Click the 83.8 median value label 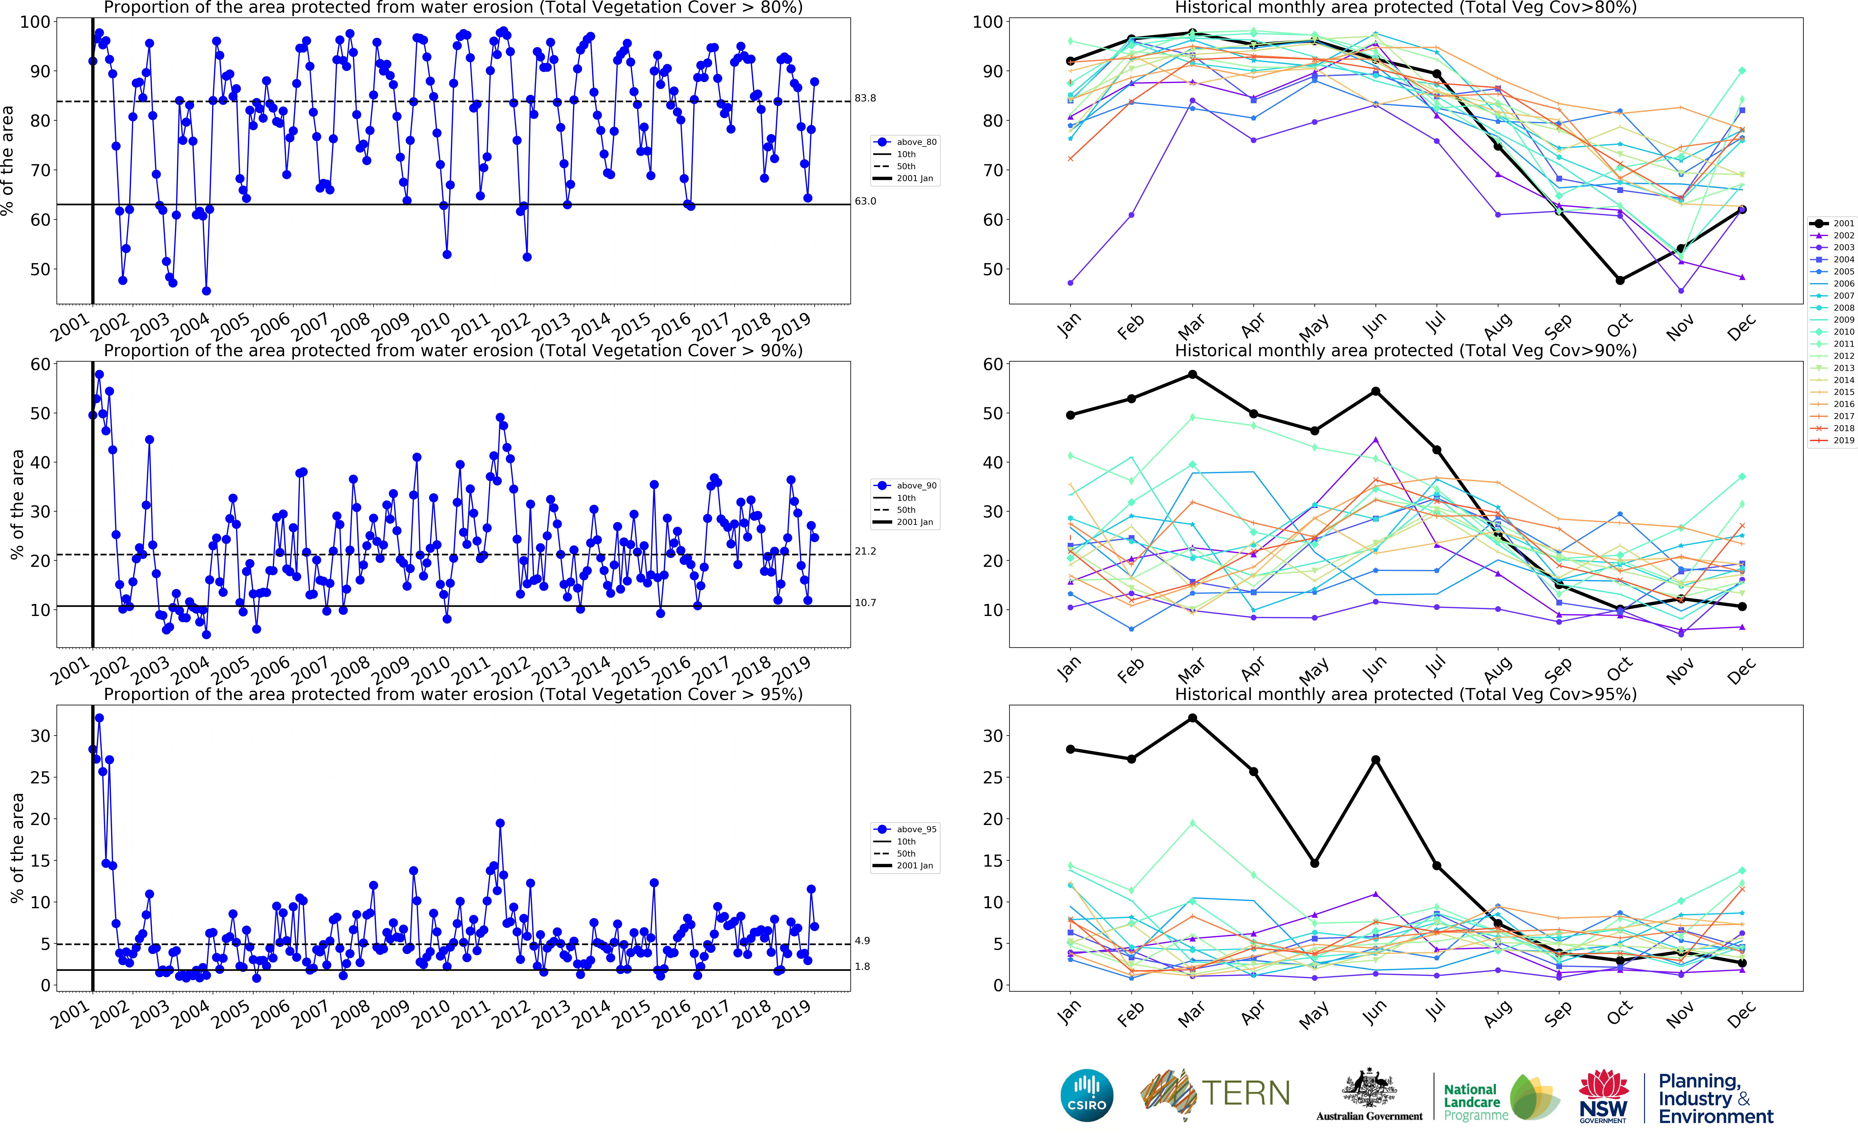point(865,98)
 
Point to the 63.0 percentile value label point(865,201)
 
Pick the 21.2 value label point(865,552)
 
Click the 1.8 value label point(862,967)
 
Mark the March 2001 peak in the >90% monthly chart point(1193,374)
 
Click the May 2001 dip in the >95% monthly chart point(1315,863)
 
